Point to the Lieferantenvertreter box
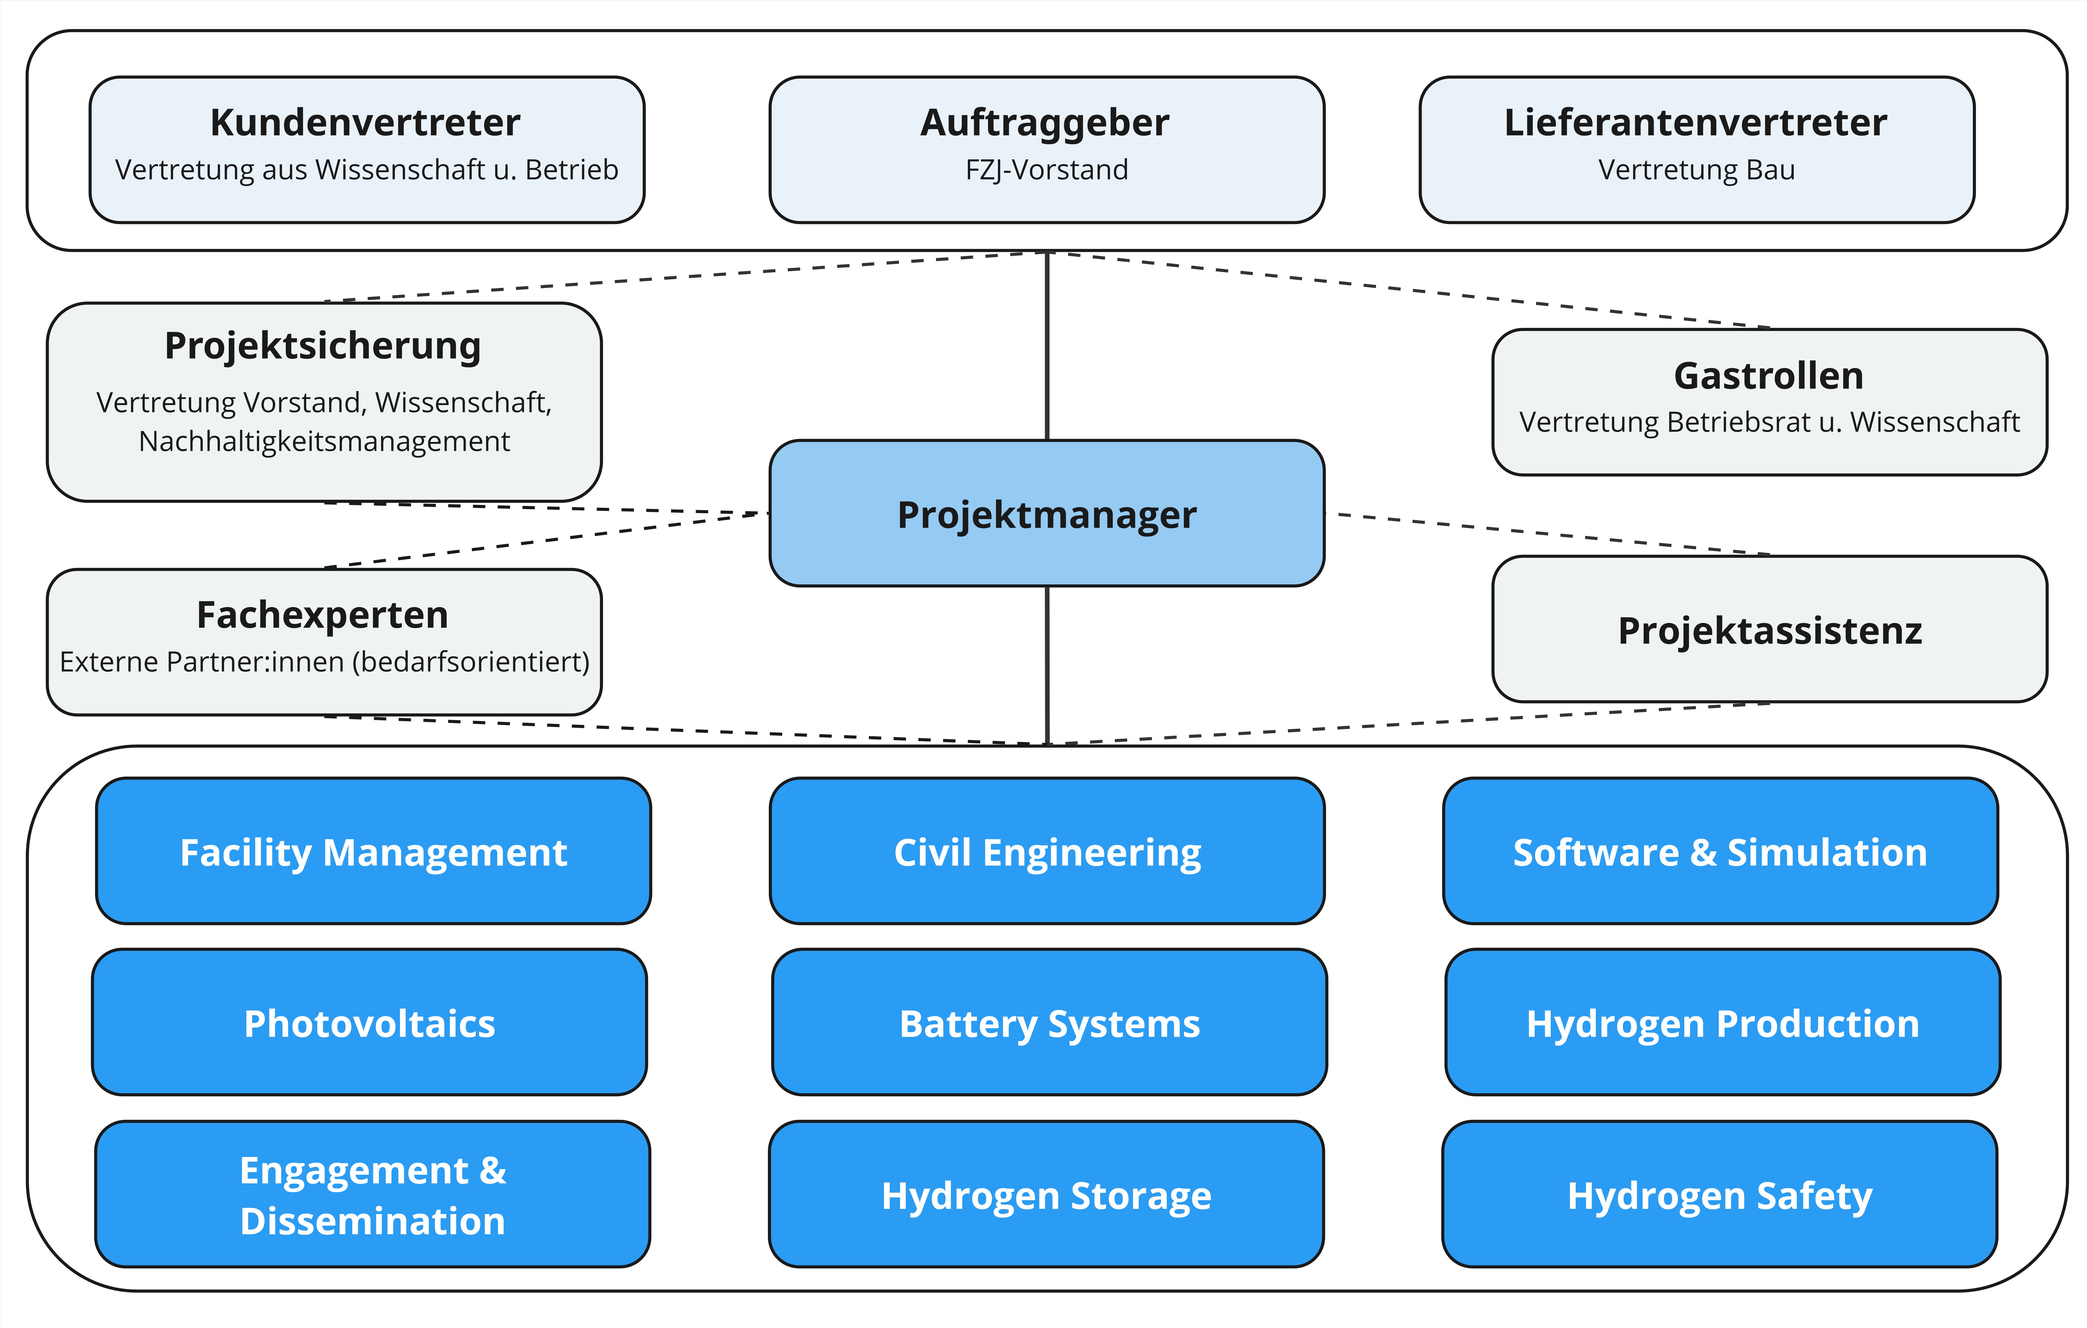click(x=1696, y=149)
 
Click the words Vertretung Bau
click(x=1696, y=170)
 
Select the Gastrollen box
click(x=1769, y=401)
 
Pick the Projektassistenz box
click(x=1769, y=629)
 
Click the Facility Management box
click(x=373, y=851)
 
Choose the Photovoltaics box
click(x=369, y=1023)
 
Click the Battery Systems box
click(x=1049, y=1023)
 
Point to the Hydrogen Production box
click(x=1722, y=1023)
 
